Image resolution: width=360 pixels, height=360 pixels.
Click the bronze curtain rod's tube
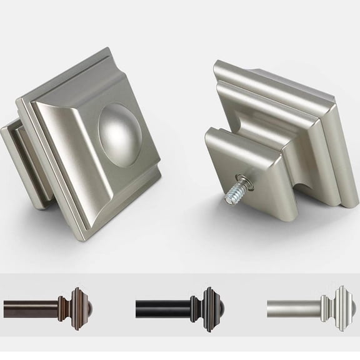pos(31,307)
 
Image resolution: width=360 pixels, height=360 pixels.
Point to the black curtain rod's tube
pos(162,307)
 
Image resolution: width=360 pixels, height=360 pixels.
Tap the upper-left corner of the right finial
pos(216,62)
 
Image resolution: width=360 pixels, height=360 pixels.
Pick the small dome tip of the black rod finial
pos(219,306)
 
